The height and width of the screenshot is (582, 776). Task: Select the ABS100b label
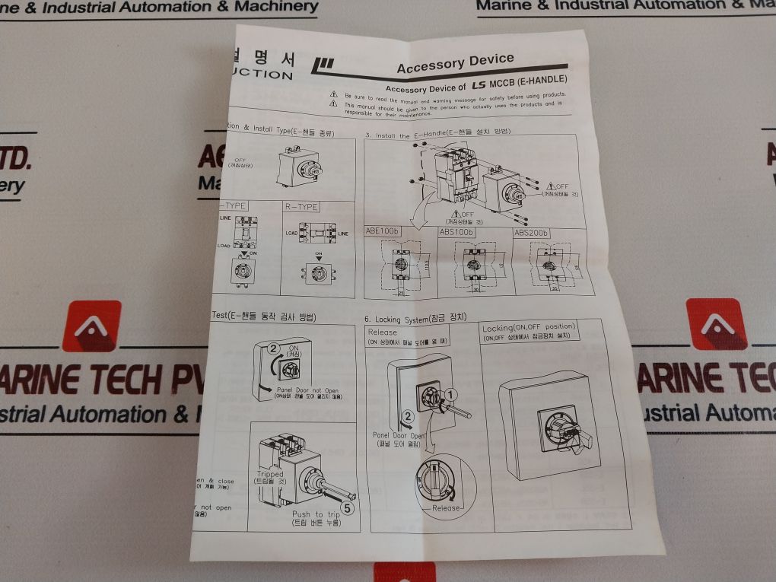point(456,231)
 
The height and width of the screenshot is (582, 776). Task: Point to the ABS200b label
point(531,231)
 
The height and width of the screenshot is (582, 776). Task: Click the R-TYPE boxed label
point(301,206)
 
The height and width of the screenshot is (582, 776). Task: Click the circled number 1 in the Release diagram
point(451,394)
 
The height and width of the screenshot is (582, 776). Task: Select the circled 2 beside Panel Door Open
point(408,415)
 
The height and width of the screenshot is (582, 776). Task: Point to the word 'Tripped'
point(270,473)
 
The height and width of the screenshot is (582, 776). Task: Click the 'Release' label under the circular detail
point(447,507)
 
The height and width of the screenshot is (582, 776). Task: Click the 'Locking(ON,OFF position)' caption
point(528,327)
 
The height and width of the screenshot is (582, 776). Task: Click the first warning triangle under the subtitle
point(333,96)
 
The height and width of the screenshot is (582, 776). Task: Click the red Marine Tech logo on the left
point(91,326)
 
